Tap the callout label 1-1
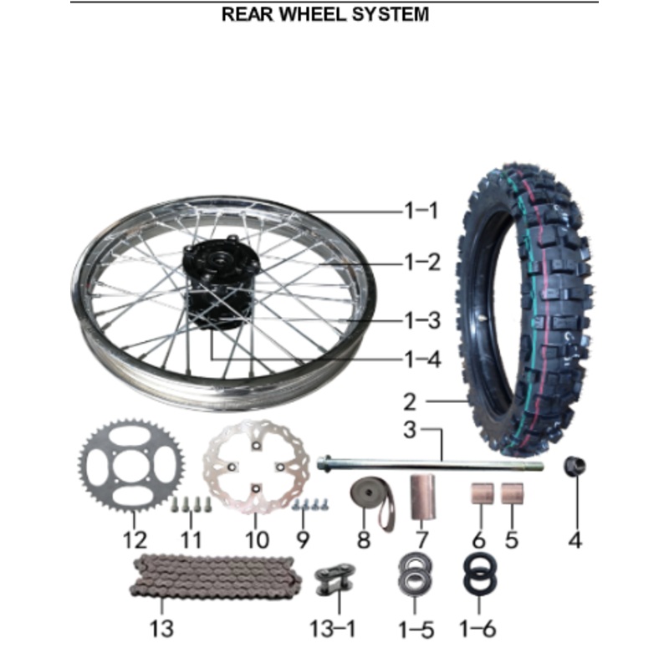click(421, 211)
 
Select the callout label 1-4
click(421, 360)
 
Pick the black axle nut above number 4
click(575, 465)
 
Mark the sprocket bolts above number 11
click(191, 504)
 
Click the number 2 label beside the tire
click(409, 401)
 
